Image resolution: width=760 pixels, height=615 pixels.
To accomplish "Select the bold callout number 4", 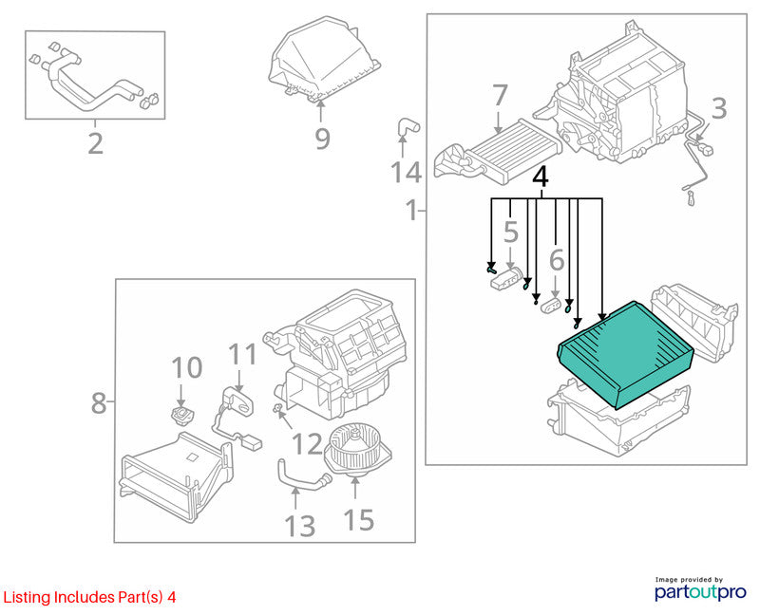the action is pos(541,177).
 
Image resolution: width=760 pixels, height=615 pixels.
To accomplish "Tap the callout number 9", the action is pos(322,139).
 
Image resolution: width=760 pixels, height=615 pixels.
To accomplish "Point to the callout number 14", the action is pos(406,173).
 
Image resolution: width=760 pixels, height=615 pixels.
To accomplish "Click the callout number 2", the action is pos(96,143).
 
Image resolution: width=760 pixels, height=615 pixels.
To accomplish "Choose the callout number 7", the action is pos(500,95).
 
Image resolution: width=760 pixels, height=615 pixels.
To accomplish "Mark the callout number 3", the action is pos(719,108).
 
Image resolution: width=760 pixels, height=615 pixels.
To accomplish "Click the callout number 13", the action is pos(300,527).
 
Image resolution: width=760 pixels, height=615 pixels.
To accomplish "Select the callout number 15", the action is pos(359,520).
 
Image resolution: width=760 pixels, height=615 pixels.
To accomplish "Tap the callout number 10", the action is pos(186,367).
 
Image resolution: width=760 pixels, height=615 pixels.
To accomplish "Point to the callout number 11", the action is pos(242,354).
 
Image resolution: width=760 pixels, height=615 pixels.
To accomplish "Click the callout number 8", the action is pos(99,402).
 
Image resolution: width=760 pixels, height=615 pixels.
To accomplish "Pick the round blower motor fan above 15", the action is pos(357,449).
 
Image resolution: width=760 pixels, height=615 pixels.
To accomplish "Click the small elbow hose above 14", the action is pos(408,128).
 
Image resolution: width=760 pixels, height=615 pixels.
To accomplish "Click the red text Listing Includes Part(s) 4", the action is pos(89,597).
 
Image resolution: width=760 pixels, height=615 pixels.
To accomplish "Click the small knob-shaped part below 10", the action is pos(181,415).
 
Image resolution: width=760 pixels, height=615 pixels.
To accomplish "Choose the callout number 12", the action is pos(308,444).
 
